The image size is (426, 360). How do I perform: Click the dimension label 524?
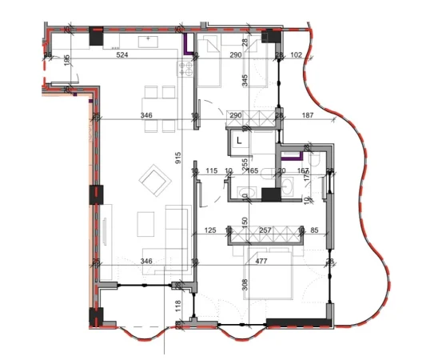pyautogui.click(x=121, y=55)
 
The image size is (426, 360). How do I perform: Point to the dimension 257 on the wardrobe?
pyautogui.click(x=265, y=231)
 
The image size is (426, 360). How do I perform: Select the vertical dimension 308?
pyautogui.click(x=245, y=283)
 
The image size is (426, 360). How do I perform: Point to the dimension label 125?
pyautogui.click(x=211, y=231)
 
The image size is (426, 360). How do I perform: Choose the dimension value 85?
pyautogui.click(x=314, y=231)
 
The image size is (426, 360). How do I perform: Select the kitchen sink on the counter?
pyautogui.click(x=149, y=38)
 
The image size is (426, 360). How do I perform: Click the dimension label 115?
pyautogui.click(x=211, y=170)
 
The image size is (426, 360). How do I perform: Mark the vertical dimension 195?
pyautogui.click(x=67, y=61)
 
